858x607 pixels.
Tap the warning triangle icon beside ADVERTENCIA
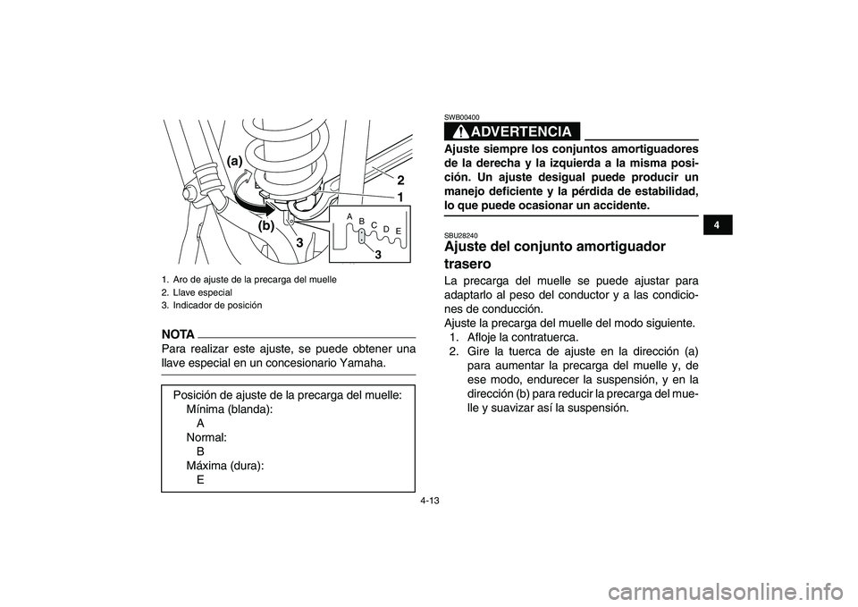click(457, 132)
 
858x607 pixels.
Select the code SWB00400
click(461, 116)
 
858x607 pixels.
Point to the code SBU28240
click(460, 235)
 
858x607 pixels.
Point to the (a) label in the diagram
click(235, 160)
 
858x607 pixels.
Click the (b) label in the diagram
click(266, 226)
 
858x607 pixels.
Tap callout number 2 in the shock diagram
click(400, 180)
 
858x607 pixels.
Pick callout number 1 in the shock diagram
click(400, 196)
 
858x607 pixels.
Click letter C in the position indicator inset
click(374, 224)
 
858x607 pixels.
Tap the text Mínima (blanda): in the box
click(229, 409)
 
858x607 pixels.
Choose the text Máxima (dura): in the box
click(224, 465)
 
